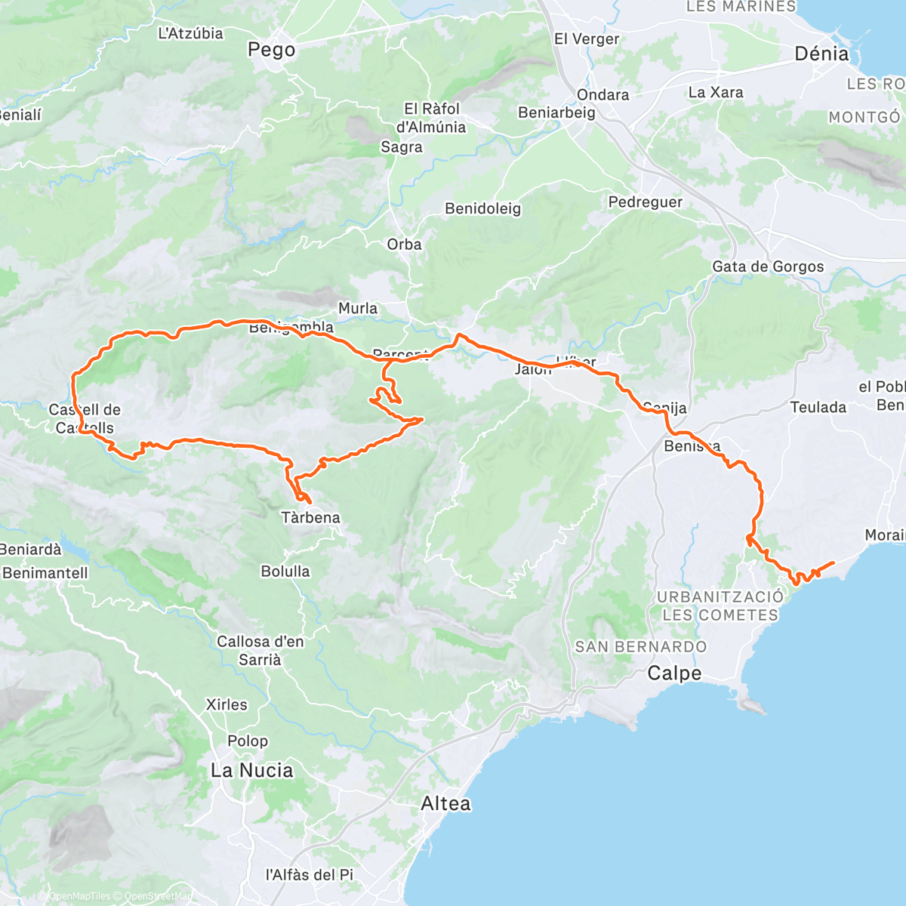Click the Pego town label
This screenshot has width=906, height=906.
(x=271, y=50)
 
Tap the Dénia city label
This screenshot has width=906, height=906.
(x=821, y=54)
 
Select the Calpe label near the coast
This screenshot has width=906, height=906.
(x=674, y=673)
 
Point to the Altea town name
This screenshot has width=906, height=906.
(x=445, y=803)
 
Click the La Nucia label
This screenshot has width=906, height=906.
(x=251, y=770)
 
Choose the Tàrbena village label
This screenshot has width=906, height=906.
(x=310, y=517)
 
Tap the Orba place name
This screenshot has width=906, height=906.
(x=404, y=245)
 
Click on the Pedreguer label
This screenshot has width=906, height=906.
(x=645, y=202)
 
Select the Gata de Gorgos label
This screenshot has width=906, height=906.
(x=768, y=267)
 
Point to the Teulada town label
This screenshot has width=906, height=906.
(x=818, y=407)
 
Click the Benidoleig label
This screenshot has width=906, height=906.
(x=482, y=208)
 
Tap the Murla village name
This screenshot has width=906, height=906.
(x=358, y=308)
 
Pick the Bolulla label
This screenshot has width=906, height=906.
(x=285, y=571)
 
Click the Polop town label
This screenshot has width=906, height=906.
(x=248, y=741)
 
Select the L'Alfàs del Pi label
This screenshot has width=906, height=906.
(x=309, y=874)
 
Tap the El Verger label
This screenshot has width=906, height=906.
(x=586, y=39)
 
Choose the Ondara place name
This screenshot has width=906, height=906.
(x=602, y=94)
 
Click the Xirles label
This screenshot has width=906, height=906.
(x=226, y=704)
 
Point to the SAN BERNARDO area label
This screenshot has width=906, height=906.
(x=641, y=646)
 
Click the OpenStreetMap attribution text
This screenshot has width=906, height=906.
(x=159, y=896)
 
